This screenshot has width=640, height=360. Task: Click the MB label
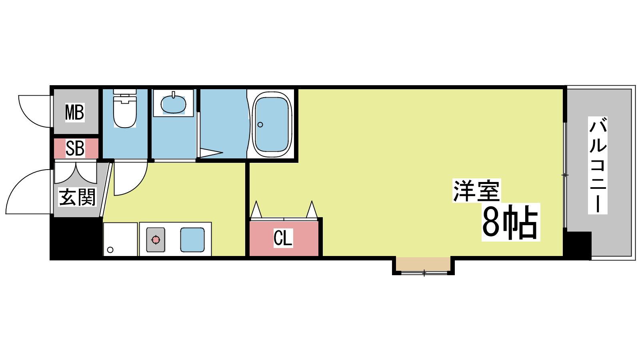coord(75,112)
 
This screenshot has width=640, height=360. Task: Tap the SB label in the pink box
coord(75,148)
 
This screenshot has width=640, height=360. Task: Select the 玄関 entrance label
coord(77,197)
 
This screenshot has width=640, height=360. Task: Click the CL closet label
coord(283,238)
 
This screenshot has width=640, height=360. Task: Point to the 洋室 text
coord(476,190)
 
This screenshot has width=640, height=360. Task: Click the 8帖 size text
coord(510,222)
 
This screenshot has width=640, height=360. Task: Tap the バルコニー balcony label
coord(598,165)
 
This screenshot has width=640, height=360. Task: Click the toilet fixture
coord(125,108)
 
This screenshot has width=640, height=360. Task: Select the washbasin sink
coord(174,104)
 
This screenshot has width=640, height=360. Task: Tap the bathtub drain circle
coord(260,124)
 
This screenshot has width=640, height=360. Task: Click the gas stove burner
coord(156,240)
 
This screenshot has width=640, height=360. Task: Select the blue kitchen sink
coord(192,240)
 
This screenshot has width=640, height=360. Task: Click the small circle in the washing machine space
coord(110,250)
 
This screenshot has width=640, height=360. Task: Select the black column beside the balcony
coord(577,245)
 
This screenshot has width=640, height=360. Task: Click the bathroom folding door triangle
coord(210,152)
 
